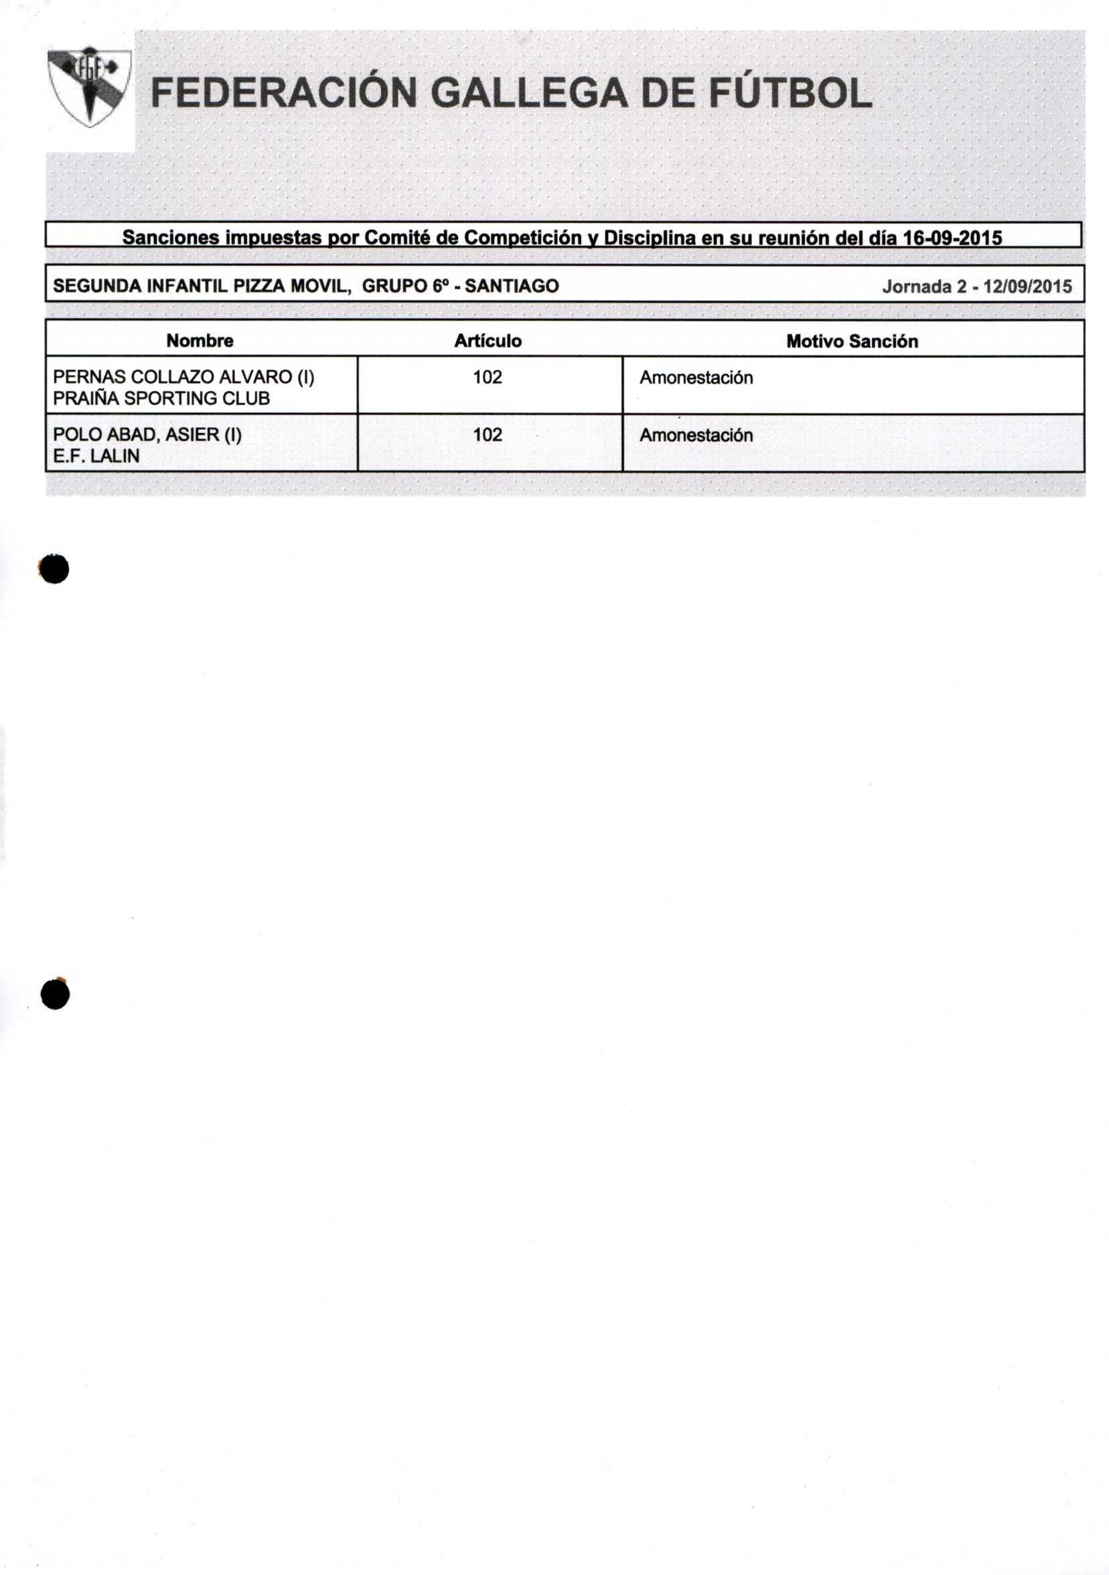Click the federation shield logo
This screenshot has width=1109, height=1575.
(89, 87)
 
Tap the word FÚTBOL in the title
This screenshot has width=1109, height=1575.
(790, 93)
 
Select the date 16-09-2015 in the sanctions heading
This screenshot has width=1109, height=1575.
(952, 238)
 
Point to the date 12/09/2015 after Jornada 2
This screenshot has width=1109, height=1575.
(1027, 286)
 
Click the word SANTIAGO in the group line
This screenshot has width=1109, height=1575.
(511, 286)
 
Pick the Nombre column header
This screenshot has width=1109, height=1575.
(200, 341)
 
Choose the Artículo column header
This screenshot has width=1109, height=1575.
(488, 341)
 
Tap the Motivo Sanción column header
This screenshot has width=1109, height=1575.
(852, 341)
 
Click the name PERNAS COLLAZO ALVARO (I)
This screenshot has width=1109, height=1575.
(183, 378)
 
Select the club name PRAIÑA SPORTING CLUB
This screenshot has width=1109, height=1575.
(161, 398)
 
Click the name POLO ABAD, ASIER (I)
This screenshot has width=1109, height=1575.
(147, 435)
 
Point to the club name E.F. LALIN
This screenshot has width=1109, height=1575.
(96, 457)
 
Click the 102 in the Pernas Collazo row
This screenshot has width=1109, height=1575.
(488, 378)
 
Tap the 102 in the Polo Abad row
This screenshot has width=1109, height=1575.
(488, 435)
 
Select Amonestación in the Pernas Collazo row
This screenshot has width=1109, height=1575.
(696, 378)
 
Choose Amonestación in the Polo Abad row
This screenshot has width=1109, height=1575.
(696, 436)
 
